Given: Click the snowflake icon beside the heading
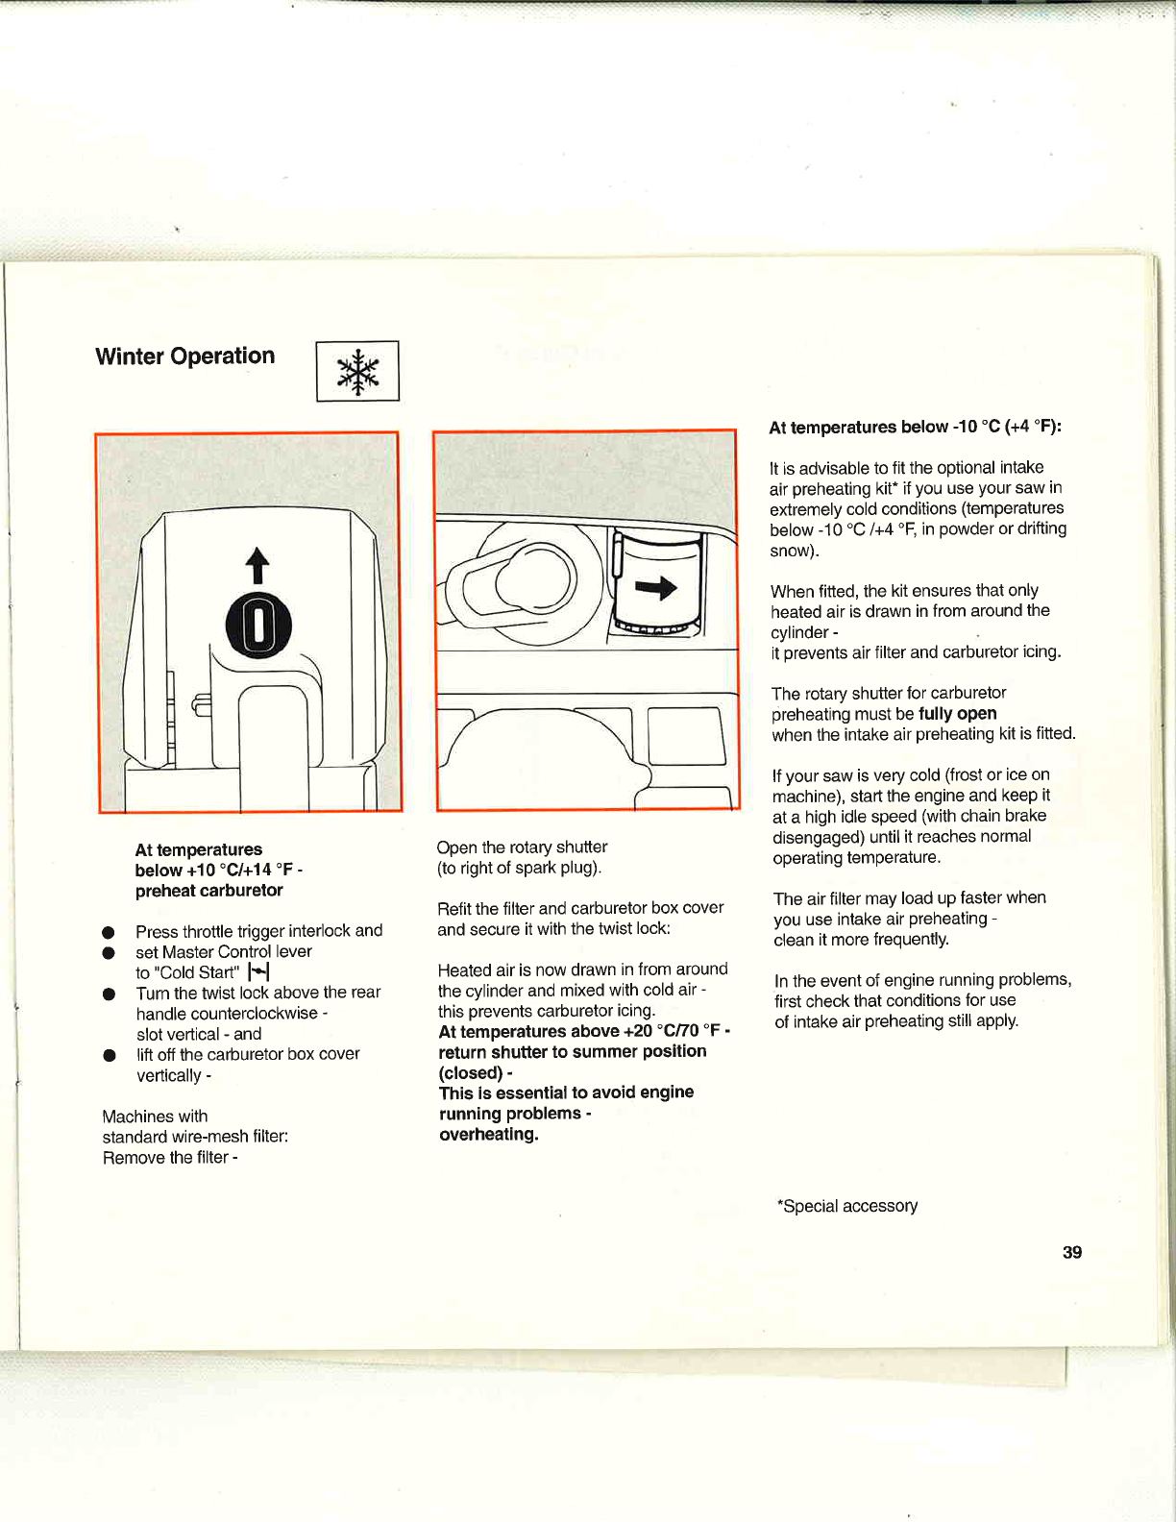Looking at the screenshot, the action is coord(357,372).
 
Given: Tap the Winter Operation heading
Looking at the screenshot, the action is coord(184,356).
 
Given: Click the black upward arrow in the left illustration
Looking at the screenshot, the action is coord(257,565).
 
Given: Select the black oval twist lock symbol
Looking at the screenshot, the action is coord(257,626).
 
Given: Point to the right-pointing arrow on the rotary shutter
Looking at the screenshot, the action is coord(657,587).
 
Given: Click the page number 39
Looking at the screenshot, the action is coord(1072,1252).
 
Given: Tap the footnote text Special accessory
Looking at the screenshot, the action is coord(847,1206).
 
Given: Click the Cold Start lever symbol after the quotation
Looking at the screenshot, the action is coord(258,972).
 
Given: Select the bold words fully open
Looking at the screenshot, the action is coord(957,714).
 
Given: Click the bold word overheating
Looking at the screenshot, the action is coord(488,1135).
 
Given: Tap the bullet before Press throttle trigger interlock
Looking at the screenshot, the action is coord(109,932).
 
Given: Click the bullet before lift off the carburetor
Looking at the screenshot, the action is coord(109,1055).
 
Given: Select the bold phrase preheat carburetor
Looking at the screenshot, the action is coord(208,891).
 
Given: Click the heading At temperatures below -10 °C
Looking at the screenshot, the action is coord(915,428).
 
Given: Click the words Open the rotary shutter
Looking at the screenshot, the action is coord(522,847).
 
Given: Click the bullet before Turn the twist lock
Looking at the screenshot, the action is coord(109,994).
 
